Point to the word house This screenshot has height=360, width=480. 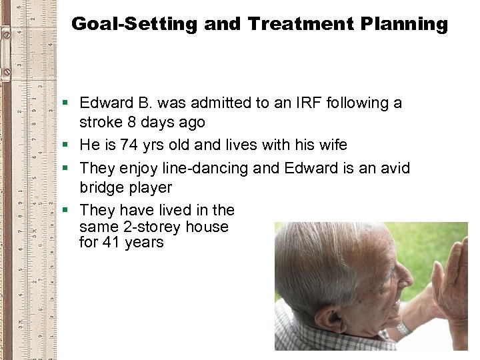(207, 227)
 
